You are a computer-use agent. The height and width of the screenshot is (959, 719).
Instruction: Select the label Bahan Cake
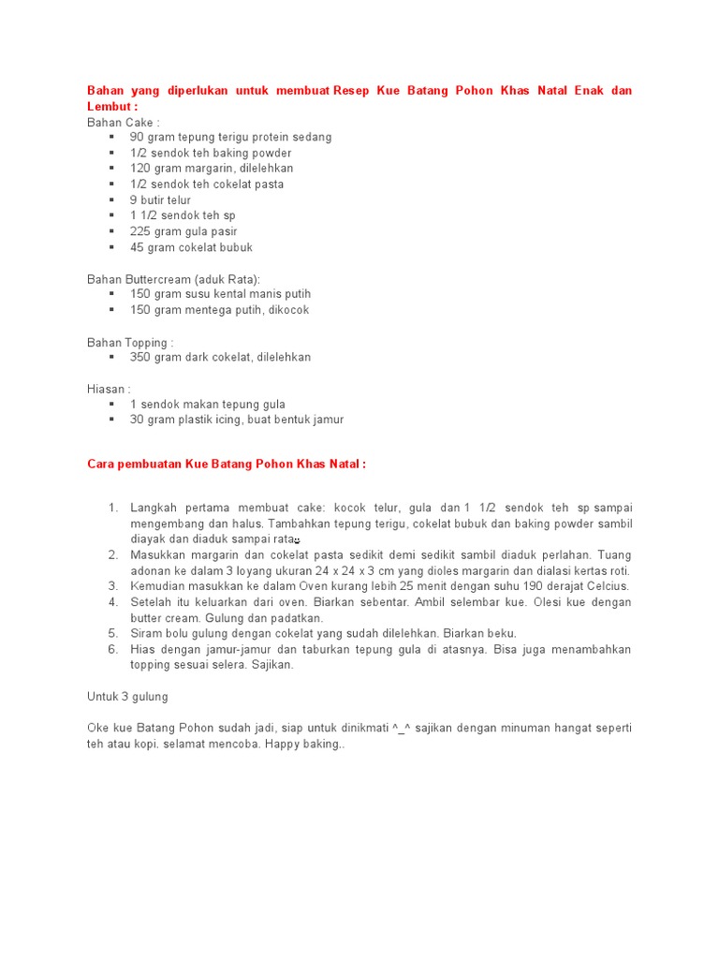tap(124, 122)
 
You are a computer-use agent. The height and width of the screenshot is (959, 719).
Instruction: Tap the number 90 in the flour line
tap(138, 138)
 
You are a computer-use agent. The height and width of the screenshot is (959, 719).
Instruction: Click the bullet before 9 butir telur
tap(110, 200)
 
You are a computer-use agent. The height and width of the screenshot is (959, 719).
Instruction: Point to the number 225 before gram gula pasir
tap(140, 232)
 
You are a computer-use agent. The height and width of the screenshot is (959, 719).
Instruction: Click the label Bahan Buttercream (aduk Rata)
tap(173, 279)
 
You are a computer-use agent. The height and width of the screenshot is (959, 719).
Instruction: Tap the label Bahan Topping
tap(129, 342)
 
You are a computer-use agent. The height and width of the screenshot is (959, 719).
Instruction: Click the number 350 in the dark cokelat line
tap(140, 358)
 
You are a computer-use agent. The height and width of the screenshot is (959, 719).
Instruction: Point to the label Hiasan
tap(109, 389)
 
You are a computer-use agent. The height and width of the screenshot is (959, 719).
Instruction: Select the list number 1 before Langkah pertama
tap(112, 508)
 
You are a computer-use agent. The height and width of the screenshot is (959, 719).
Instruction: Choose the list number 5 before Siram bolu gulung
tap(112, 634)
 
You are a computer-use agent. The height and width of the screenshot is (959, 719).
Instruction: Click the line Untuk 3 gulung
tap(127, 697)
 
